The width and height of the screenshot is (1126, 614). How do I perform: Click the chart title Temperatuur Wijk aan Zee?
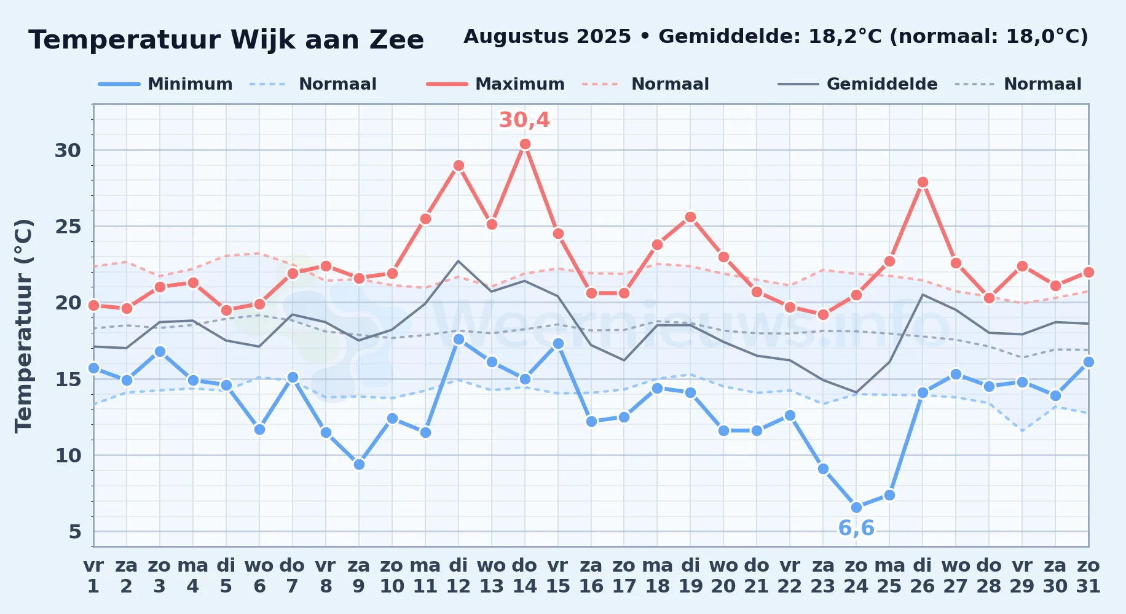pyautogui.click(x=226, y=40)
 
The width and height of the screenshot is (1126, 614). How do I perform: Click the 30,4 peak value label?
pyautogui.click(x=524, y=120)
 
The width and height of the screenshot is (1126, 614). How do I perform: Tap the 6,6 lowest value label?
pyautogui.click(x=856, y=528)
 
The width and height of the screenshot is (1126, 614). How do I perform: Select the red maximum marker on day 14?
pyautogui.click(x=525, y=144)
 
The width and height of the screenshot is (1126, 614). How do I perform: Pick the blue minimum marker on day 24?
pyautogui.click(x=856, y=507)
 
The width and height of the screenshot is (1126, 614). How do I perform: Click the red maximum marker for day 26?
pyautogui.click(x=923, y=182)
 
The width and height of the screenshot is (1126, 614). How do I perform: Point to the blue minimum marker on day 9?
pyautogui.click(x=359, y=465)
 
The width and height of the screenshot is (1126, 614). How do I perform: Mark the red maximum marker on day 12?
pyautogui.click(x=459, y=166)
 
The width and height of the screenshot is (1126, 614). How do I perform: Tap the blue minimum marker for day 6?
pyautogui.click(x=259, y=429)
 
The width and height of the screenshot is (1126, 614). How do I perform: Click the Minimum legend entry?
pyautogui.click(x=165, y=84)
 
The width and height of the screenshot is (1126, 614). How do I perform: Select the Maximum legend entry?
pyautogui.click(x=495, y=84)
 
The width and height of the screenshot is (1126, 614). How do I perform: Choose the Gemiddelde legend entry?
pyautogui.click(x=858, y=84)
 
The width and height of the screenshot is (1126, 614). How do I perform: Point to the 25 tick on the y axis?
pyautogui.click(x=68, y=227)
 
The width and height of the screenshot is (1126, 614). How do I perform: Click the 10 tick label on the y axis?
pyautogui.click(x=68, y=456)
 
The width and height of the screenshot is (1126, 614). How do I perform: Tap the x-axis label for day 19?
pyautogui.click(x=690, y=575)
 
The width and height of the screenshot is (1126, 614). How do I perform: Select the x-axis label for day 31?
pyautogui.click(x=1089, y=575)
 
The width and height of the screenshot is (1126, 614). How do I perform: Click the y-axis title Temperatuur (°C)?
pyautogui.click(x=23, y=325)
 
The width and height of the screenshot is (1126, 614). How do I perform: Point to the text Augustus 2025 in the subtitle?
pyautogui.click(x=547, y=37)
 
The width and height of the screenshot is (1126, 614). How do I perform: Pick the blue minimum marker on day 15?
pyautogui.click(x=558, y=344)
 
